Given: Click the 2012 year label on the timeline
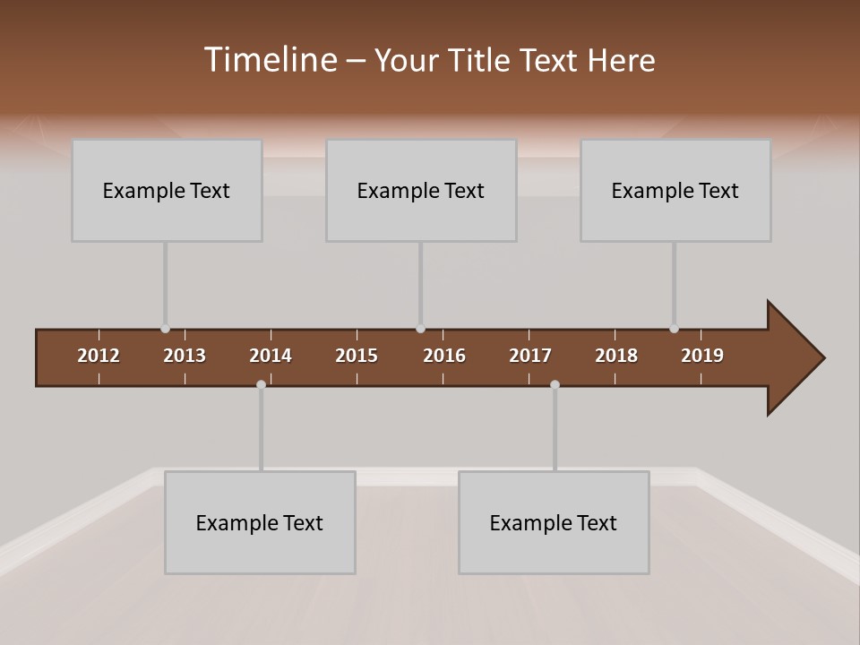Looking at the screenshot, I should tap(99, 356).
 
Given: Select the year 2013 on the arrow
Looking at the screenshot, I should tap(185, 356).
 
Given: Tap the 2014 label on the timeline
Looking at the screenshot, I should tap(271, 356).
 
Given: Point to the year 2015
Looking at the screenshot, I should tap(357, 356).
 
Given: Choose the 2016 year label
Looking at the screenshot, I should tap(444, 356).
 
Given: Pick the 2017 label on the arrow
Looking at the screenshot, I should tap(530, 356).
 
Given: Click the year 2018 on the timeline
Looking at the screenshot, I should tap(616, 356).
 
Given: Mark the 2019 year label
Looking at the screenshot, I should tap(702, 356).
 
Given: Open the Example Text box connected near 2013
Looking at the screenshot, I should tap(167, 190).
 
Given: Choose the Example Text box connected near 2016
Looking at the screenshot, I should tap(421, 190).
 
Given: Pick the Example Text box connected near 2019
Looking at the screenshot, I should tap(675, 190).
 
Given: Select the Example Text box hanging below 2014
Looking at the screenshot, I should tap(260, 522).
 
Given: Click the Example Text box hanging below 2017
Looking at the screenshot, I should tap(554, 522).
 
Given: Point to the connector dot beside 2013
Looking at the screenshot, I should tap(165, 329).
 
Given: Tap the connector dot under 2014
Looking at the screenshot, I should tap(261, 384).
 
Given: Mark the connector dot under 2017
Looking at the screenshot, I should tap(555, 384).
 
